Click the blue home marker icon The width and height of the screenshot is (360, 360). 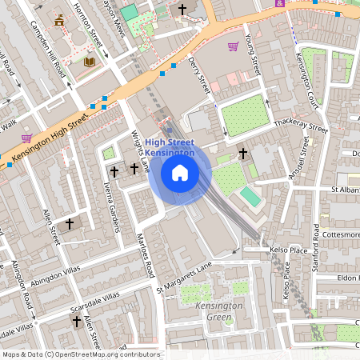(x=180, y=172)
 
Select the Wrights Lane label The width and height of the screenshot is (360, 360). (x=141, y=152)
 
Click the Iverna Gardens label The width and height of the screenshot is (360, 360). (x=110, y=207)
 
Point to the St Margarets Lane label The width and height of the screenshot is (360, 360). (x=186, y=275)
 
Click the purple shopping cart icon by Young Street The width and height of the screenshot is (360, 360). (x=233, y=46)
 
